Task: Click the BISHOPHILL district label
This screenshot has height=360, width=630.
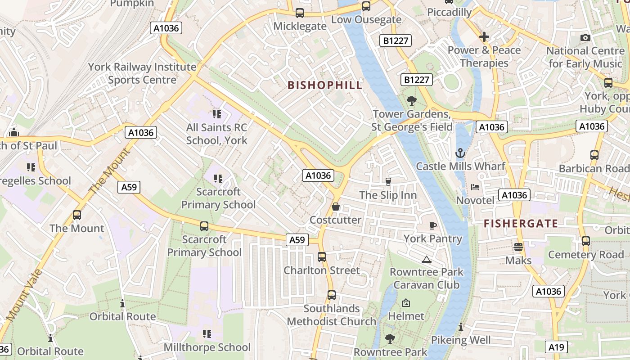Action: click(x=324, y=85)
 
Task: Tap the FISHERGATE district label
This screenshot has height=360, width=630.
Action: click(x=521, y=223)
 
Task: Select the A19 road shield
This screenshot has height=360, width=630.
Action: click(x=557, y=347)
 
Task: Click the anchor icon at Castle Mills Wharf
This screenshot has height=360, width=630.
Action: click(x=460, y=153)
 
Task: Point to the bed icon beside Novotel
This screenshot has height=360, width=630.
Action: click(x=475, y=187)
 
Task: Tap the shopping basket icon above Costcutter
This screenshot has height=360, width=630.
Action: click(x=335, y=207)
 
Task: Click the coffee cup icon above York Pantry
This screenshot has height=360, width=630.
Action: click(x=433, y=225)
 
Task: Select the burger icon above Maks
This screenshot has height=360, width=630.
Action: click(x=518, y=247)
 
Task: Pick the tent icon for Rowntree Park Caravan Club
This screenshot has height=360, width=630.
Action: click(x=426, y=259)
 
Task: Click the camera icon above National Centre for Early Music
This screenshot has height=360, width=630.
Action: click(x=585, y=38)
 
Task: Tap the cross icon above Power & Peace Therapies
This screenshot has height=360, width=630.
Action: click(x=484, y=37)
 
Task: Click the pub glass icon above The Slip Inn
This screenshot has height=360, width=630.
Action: click(x=388, y=182)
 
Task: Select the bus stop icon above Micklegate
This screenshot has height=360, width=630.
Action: click(x=300, y=13)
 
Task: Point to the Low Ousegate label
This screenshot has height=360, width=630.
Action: click(x=366, y=20)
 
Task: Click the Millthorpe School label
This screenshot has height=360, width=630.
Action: click(x=207, y=347)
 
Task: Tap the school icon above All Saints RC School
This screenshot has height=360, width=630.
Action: click(x=217, y=114)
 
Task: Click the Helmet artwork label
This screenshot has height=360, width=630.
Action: click(x=406, y=316)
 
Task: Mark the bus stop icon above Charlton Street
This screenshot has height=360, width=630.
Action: click(x=322, y=257)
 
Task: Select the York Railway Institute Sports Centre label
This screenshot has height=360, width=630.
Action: click(x=142, y=73)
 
